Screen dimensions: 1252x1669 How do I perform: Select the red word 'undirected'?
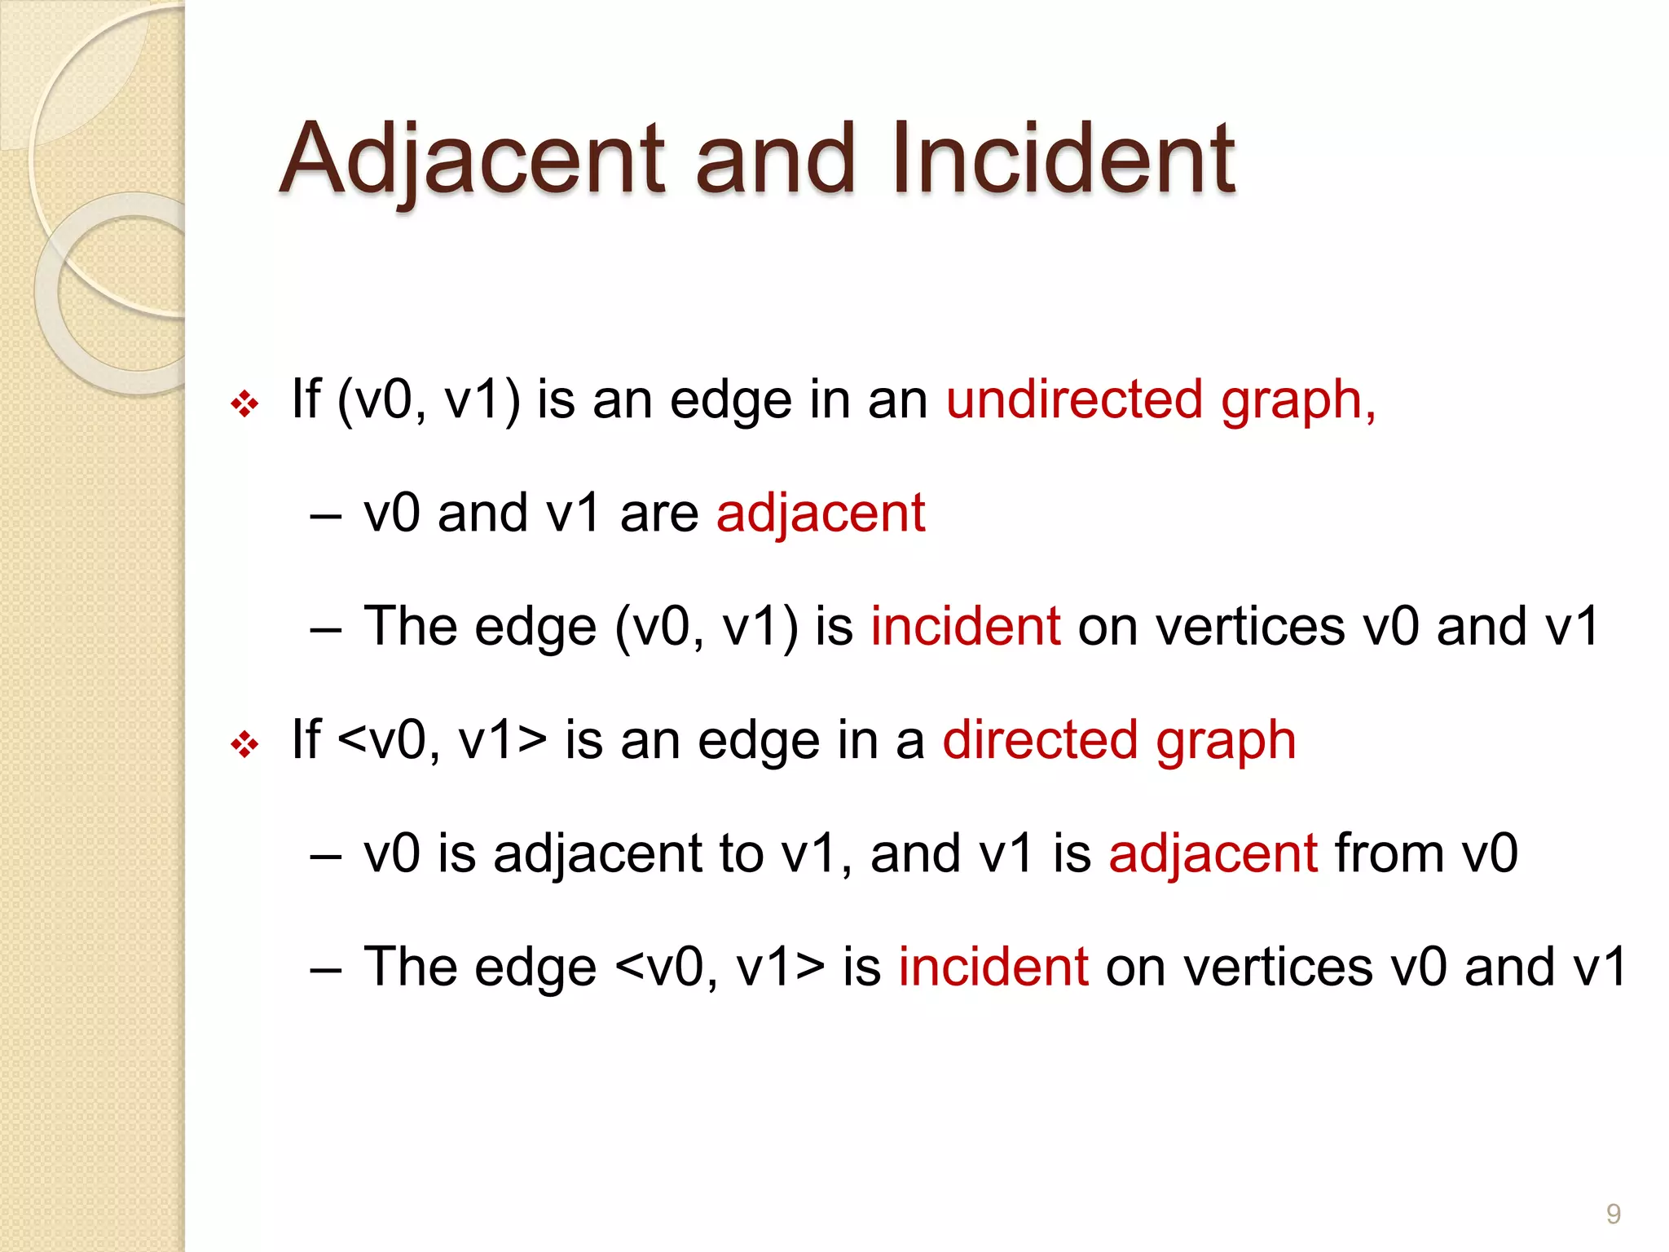(1074, 400)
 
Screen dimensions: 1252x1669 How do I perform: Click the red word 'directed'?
(1039, 741)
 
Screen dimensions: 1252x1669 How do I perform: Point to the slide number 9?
(1613, 1215)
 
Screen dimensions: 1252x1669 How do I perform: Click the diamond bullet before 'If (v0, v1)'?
(244, 403)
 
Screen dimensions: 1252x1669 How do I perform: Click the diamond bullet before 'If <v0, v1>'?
(244, 744)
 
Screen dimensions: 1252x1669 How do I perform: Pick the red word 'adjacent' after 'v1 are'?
(821, 514)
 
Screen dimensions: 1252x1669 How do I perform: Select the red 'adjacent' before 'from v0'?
(1213, 854)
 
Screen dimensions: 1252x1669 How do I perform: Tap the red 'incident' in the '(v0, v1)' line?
(966, 627)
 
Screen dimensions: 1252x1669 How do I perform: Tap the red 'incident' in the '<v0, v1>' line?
(993, 968)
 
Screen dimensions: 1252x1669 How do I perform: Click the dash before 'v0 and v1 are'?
(325, 518)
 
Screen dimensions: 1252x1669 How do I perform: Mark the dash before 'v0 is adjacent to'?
(325, 857)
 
